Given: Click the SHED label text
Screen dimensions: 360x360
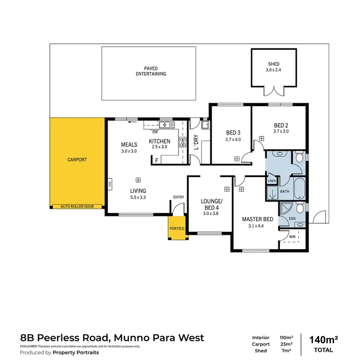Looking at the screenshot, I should tap(274, 64).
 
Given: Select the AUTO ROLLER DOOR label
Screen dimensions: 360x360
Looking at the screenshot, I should tap(77, 206).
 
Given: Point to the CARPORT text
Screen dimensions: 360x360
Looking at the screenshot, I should tap(77, 159).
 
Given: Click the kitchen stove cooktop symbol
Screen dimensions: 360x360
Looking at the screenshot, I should tap(182, 142).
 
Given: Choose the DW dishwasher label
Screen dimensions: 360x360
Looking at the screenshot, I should tap(155, 131).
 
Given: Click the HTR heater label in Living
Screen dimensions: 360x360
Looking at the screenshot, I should tap(109, 183).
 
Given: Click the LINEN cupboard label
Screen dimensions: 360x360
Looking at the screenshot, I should tap(272, 180).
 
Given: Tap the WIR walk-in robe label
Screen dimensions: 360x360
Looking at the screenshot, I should tap(292, 237).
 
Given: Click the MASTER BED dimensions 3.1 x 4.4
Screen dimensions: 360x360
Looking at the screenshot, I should tap(257, 226).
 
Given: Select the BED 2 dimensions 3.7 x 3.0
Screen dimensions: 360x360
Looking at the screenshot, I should tap(280, 131).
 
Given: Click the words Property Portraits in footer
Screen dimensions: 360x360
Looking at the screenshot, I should tap(77, 352).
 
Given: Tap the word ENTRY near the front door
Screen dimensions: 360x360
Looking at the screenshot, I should tap(179, 197).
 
